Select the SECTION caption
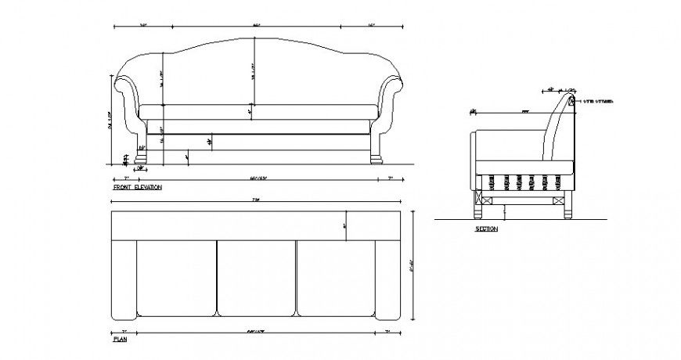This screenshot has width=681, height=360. pos(486,229)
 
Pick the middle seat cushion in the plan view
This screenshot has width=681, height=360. pos(256,278)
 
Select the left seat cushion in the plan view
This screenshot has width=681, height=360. pos(176,278)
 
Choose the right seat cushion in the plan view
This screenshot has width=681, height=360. pos(336,278)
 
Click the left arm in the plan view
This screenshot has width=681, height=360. pos(124,278)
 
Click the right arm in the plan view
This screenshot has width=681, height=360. pos(388,278)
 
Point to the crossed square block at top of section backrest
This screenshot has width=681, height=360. pos(571,102)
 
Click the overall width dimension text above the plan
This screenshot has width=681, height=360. pos(255,201)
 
